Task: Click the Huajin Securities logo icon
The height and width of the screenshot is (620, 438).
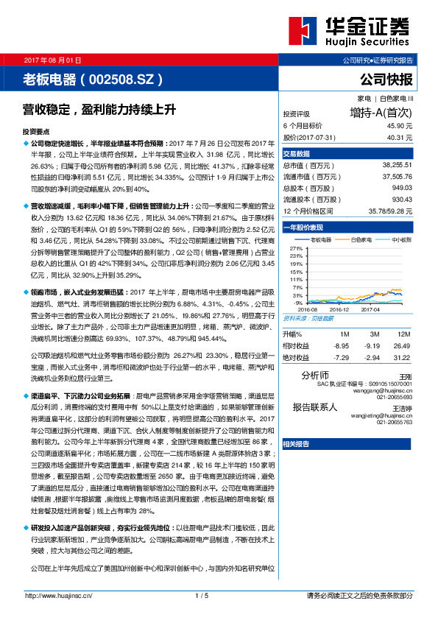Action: click(x=300, y=32)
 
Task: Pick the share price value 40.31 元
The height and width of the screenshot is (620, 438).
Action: click(x=398, y=137)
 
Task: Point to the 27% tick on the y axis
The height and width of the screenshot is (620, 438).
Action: click(x=297, y=249)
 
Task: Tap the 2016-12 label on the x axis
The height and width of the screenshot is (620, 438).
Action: click(x=340, y=310)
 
